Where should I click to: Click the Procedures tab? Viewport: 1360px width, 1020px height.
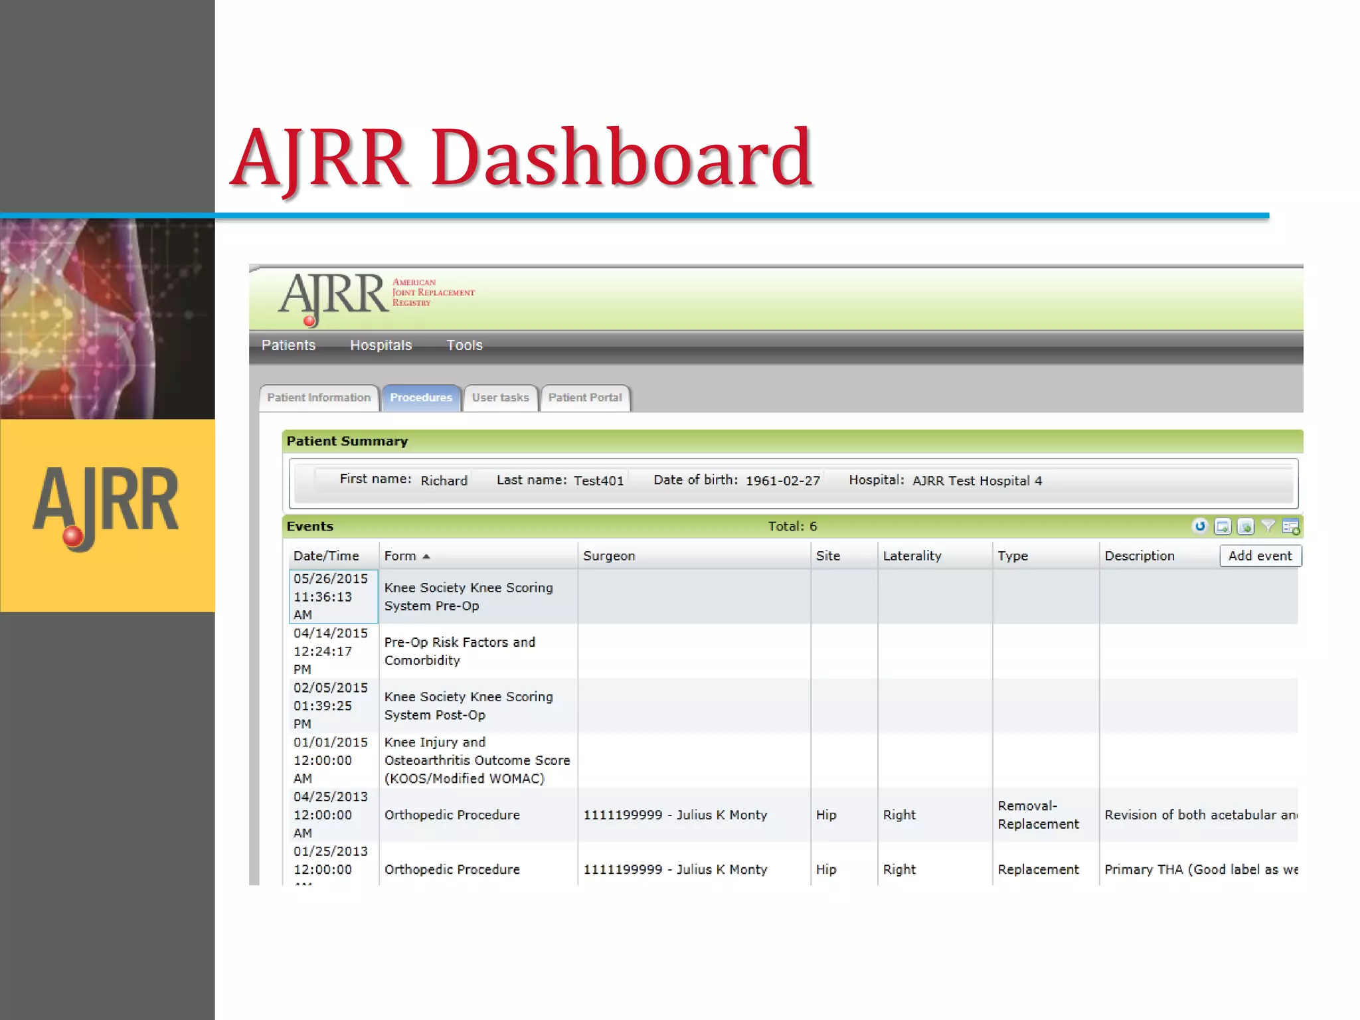pyautogui.click(x=421, y=398)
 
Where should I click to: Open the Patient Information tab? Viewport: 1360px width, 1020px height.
pyautogui.click(x=319, y=398)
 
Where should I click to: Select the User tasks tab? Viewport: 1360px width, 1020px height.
pyautogui.click(x=500, y=398)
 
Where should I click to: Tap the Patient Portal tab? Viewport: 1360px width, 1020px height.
pyautogui.click(x=585, y=398)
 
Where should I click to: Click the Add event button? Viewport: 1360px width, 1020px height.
pyautogui.click(x=1260, y=556)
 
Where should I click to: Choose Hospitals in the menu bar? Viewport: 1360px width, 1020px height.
pyautogui.click(x=381, y=345)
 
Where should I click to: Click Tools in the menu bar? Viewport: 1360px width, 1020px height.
pyautogui.click(x=464, y=345)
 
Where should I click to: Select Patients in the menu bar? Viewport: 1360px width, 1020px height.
pyautogui.click(x=288, y=345)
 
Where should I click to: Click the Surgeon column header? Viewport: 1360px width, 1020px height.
pyautogui.click(x=609, y=556)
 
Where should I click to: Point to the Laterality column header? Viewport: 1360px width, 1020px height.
pyautogui.click(x=912, y=556)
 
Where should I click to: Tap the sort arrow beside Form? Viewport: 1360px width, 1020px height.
pyautogui.click(x=426, y=556)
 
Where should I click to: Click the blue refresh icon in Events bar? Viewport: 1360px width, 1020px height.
pyautogui.click(x=1200, y=527)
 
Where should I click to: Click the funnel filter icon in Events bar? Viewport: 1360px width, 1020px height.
pyautogui.click(x=1268, y=527)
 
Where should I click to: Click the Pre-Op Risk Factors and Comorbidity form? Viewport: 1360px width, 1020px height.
pyautogui.click(x=460, y=651)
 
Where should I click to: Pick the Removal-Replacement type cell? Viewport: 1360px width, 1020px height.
pyautogui.click(x=1038, y=815)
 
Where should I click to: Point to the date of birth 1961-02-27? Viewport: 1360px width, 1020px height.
pyautogui.click(x=783, y=481)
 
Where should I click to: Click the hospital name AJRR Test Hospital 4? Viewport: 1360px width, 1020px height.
pyautogui.click(x=977, y=481)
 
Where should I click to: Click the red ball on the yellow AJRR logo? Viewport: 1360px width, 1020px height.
pyautogui.click(x=72, y=536)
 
